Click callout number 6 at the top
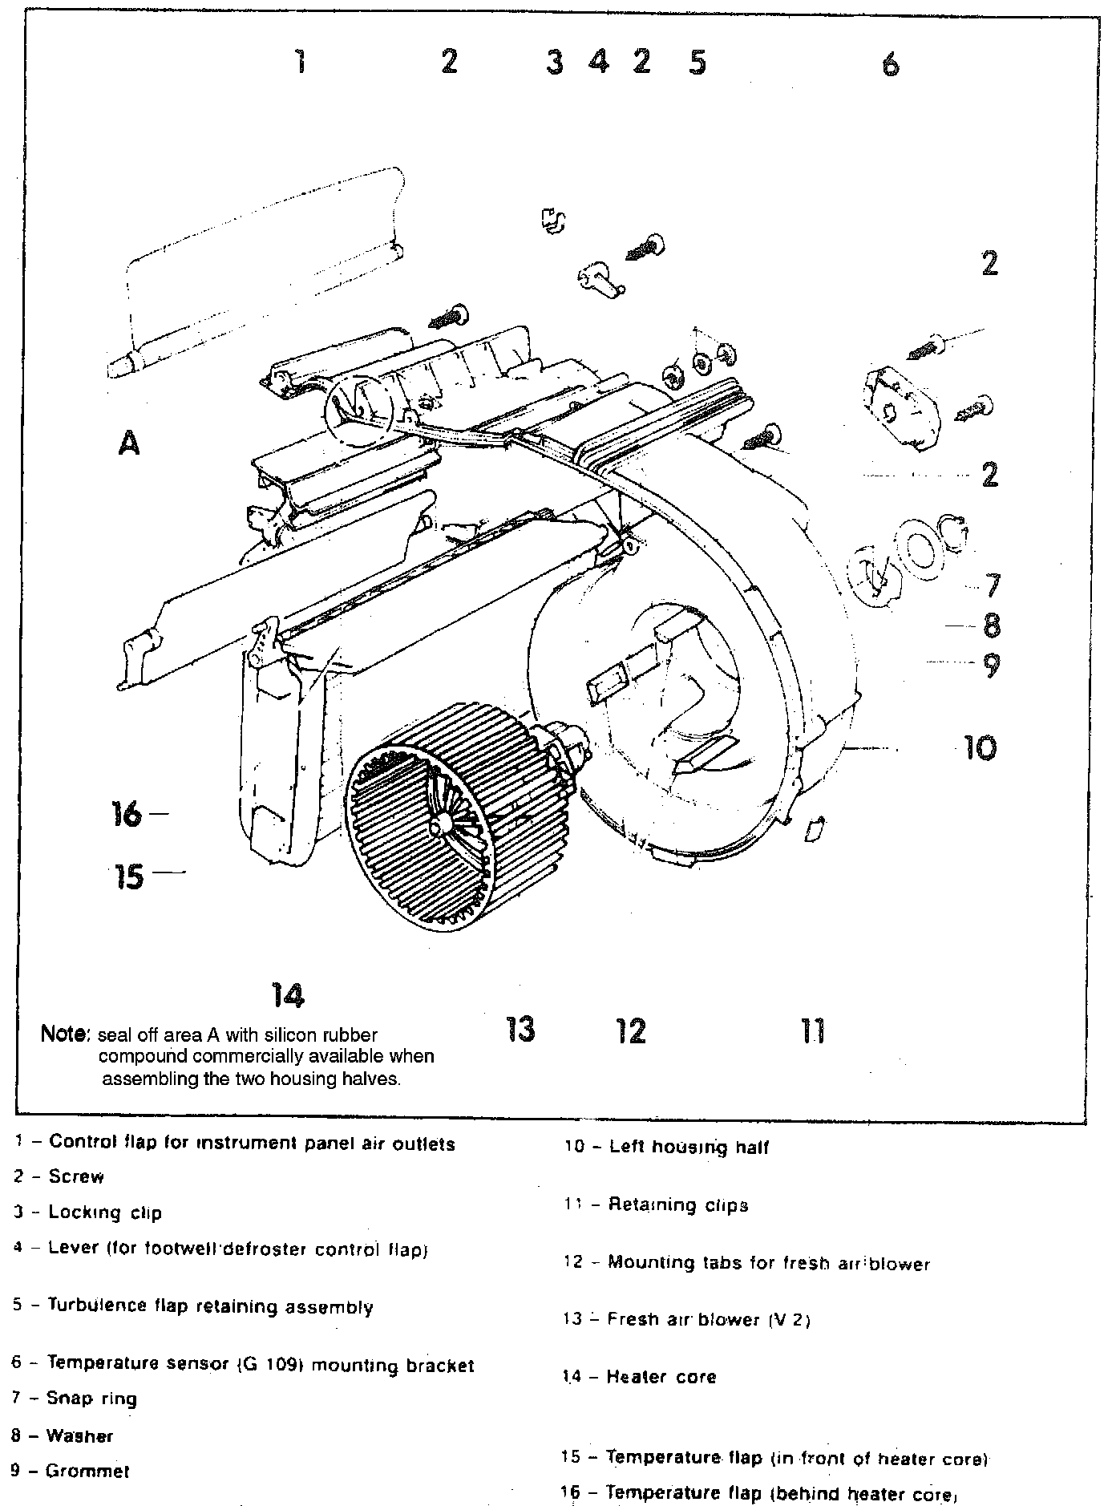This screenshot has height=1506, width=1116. coord(891,64)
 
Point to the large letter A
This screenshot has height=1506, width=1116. coord(129,442)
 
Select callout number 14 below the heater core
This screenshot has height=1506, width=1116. coord(288,995)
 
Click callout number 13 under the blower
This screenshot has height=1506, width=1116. coord(521,1029)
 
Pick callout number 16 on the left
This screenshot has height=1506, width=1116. coord(127,815)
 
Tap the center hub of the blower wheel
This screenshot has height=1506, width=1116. coord(439,824)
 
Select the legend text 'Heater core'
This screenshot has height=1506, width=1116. coord(661,1377)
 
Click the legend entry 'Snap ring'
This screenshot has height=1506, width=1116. coord(91,1399)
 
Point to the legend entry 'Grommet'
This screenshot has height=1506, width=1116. coord(87,1471)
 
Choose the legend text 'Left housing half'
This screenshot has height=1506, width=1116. coord(689,1148)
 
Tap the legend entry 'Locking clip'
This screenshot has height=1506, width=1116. coord(105,1212)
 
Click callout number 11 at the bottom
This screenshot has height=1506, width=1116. coord(812,1030)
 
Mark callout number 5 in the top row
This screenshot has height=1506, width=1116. coord(697,62)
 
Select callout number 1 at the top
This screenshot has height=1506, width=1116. coord(300,61)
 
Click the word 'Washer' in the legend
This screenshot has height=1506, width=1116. coord(79,1435)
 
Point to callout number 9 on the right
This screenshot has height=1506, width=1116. coord(992,665)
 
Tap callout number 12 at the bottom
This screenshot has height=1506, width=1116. coord(632,1030)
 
